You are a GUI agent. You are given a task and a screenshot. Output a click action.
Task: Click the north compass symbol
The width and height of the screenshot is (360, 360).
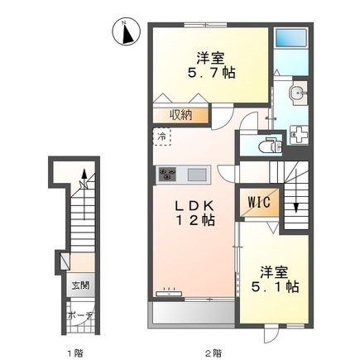click(x=127, y=31)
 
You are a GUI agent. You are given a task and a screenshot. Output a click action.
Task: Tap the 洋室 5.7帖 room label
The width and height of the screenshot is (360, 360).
click(x=211, y=65)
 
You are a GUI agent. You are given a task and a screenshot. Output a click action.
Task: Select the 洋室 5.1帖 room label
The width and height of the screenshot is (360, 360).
click(x=275, y=279)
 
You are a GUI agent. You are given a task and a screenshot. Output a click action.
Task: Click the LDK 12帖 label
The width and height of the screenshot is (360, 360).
click(x=195, y=213)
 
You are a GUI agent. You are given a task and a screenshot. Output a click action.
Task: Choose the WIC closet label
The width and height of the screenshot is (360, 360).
click(x=259, y=203)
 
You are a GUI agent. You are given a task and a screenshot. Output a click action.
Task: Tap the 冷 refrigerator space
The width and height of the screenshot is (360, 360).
click(x=162, y=137)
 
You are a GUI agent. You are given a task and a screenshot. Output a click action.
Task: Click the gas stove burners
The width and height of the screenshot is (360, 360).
click(x=167, y=175)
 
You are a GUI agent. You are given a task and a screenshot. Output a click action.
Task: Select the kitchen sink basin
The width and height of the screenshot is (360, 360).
click(x=197, y=175)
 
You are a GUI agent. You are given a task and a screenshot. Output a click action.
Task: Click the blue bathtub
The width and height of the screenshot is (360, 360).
click(x=291, y=38)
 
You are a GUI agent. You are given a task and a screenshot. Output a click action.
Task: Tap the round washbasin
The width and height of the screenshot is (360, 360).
click(x=297, y=92)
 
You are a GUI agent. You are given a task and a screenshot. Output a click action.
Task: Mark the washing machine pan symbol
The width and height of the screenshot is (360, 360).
click(x=300, y=135)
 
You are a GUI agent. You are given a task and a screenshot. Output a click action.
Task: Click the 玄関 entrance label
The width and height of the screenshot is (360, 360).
click(x=80, y=286)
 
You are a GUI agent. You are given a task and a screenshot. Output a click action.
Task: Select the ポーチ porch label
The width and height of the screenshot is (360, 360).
click(x=79, y=315)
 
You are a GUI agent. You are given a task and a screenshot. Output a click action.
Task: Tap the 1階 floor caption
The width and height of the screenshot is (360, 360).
click(x=75, y=352)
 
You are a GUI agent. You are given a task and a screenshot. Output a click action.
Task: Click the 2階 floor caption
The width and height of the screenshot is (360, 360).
click(x=214, y=352)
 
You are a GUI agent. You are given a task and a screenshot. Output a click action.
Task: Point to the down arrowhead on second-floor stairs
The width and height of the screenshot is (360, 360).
click(x=296, y=208)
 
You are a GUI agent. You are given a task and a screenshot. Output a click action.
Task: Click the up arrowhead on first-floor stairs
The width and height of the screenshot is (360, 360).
click(x=84, y=174)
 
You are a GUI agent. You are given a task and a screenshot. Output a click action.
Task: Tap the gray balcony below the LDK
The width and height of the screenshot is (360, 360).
click(x=193, y=314)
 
